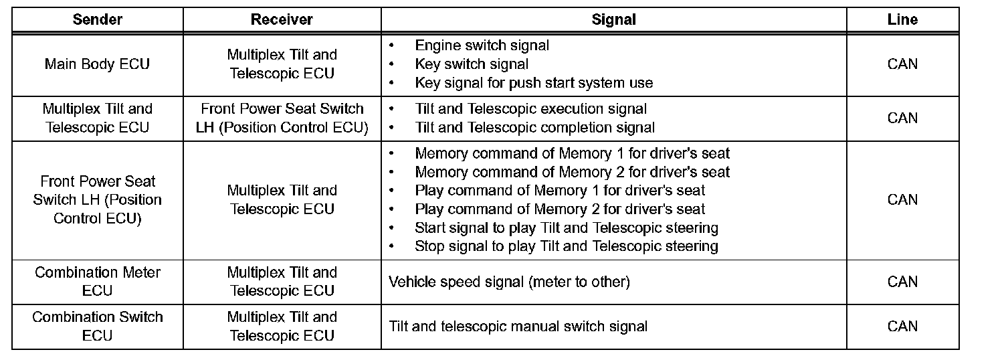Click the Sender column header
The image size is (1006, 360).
tap(98, 19)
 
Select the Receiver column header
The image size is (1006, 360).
tap(282, 19)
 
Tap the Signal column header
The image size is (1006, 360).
tap(613, 19)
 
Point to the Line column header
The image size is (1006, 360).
tap(902, 19)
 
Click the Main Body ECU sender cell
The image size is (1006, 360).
tap(98, 64)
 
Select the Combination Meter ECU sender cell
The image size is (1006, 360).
tap(98, 282)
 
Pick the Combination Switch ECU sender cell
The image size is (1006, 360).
tap(98, 326)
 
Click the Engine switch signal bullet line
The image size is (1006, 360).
tap(482, 46)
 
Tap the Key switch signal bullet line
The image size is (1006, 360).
tap(472, 64)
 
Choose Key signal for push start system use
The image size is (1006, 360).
tap(534, 83)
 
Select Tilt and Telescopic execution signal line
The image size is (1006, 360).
tap(531, 108)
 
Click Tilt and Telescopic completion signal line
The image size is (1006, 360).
tap(534, 127)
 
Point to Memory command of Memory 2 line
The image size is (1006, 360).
tap(572, 172)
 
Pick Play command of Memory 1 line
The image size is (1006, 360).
tap(560, 191)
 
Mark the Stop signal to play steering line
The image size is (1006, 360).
tap(566, 246)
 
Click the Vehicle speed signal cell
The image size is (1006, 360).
tap(509, 282)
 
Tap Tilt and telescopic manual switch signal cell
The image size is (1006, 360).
tap(518, 327)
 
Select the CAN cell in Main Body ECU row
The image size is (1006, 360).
tap(902, 64)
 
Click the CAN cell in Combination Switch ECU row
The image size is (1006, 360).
tap(902, 326)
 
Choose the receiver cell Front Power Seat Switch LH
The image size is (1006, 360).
tap(282, 118)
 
